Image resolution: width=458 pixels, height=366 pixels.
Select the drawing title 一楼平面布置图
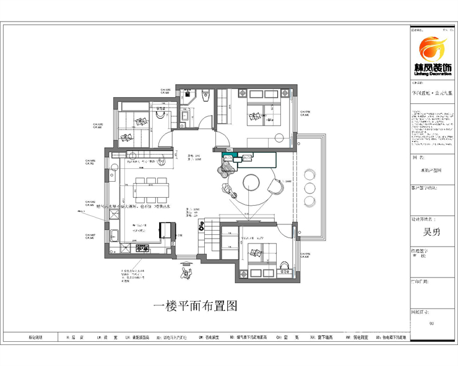point(194,306)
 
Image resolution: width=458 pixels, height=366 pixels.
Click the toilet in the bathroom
point(205,96)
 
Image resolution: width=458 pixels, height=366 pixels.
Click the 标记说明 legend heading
point(36,338)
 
